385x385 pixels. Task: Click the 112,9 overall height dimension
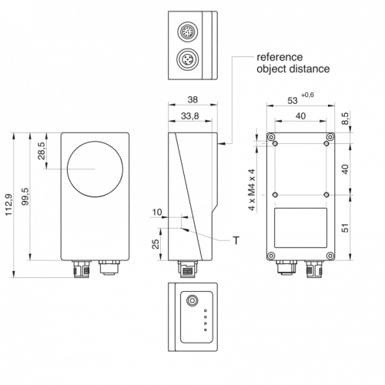pyautogui.click(x=8, y=205)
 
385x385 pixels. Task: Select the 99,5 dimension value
pyautogui.click(x=25, y=196)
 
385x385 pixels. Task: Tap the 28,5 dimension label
pyautogui.click(x=42, y=151)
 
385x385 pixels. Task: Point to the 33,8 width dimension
pyautogui.click(x=190, y=116)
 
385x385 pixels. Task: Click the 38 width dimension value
pyautogui.click(x=192, y=99)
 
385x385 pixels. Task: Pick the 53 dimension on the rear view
pyautogui.click(x=293, y=101)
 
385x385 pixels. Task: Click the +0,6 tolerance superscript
pyautogui.click(x=307, y=95)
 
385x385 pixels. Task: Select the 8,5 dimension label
pyautogui.click(x=346, y=119)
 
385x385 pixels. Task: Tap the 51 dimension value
pyautogui.click(x=346, y=228)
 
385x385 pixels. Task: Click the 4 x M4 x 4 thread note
pyautogui.click(x=253, y=189)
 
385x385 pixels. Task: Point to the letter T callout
pyautogui.click(x=236, y=240)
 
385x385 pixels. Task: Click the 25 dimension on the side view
pyautogui.click(x=156, y=244)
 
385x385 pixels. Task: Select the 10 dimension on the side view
pyautogui.click(x=157, y=213)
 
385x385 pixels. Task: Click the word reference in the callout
pyautogui.click(x=280, y=57)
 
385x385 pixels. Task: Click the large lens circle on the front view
pyautogui.click(x=95, y=141)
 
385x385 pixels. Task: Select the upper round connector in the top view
pyautogui.click(x=188, y=32)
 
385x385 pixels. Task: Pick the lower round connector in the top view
pyautogui.click(x=188, y=59)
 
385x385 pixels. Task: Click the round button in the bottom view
pyautogui.click(x=192, y=300)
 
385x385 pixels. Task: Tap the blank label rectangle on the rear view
pyautogui.click(x=300, y=228)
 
